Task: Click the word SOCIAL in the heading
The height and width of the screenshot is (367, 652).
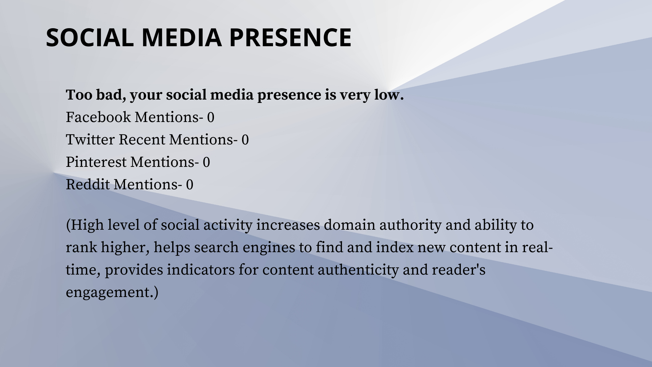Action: [90, 37]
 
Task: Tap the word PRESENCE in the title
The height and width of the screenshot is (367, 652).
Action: [291, 37]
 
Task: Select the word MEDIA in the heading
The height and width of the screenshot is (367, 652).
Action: [182, 37]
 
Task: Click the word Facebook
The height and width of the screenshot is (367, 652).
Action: [98, 117]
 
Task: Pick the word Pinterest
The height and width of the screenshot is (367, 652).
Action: [96, 162]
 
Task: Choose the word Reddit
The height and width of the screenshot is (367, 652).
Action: [88, 185]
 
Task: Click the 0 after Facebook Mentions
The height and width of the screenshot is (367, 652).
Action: [211, 118]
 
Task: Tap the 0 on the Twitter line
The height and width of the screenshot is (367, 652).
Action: [245, 140]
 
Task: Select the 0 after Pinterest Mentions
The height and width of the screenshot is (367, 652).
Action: [206, 162]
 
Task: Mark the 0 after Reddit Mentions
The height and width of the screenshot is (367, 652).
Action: [189, 185]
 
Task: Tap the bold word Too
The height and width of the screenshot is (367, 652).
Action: [79, 95]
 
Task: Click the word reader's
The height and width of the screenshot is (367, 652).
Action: [458, 270]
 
